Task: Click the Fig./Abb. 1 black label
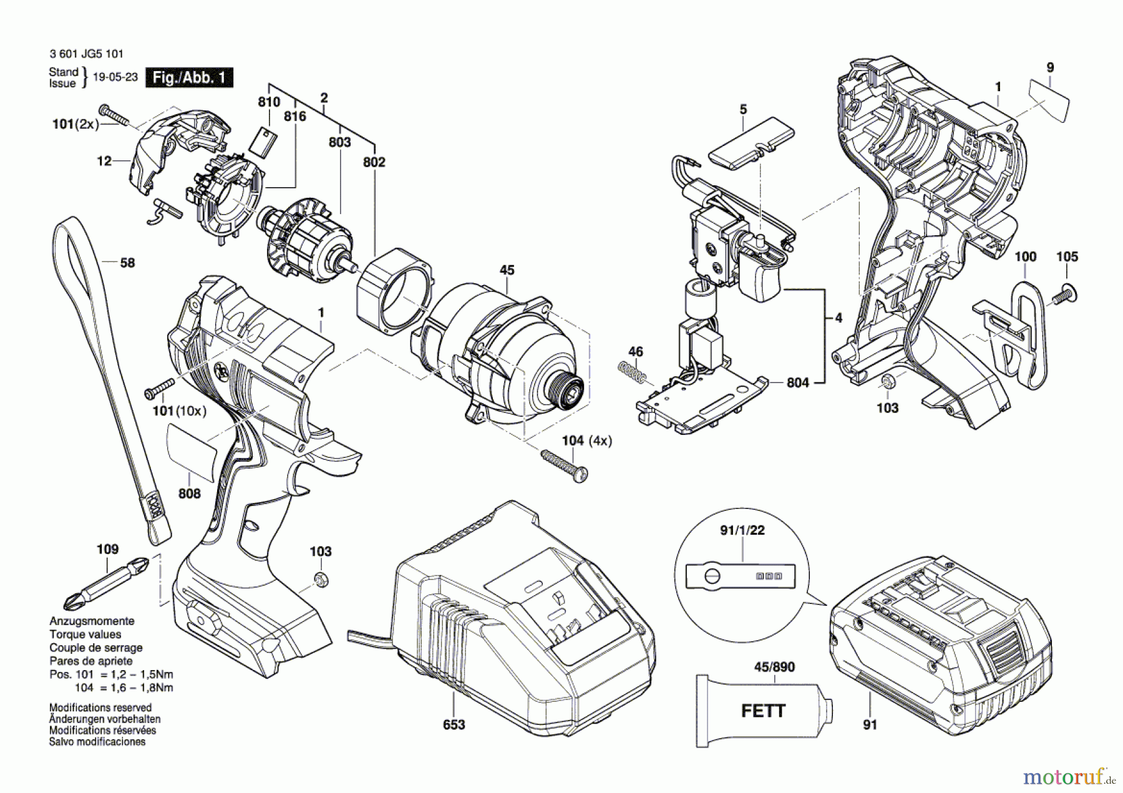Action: pos(189,78)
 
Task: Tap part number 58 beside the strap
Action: pos(127,263)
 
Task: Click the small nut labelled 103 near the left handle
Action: pos(321,578)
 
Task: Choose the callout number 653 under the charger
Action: pos(454,724)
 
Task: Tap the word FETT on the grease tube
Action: pos(763,711)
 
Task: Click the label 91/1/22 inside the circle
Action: pos(742,530)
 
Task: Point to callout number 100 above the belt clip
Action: pos(1025,256)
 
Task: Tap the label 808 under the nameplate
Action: pos(190,494)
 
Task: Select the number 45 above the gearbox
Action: pos(507,270)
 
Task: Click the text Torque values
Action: pos(85,635)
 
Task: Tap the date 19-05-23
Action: pos(115,77)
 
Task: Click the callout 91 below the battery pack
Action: pos(870,724)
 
